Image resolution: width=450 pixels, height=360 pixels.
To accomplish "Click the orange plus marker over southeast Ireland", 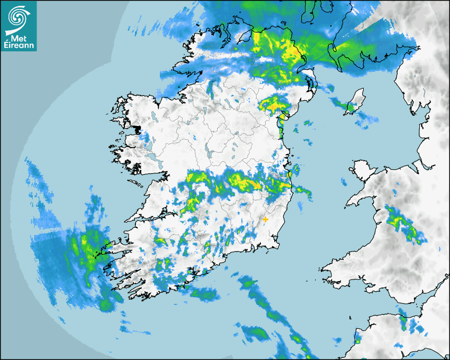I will click(265, 219).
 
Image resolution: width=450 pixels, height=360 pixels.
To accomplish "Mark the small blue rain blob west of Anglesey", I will click(344, 183).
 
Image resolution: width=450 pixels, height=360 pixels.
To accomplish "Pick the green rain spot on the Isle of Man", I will click(349, 108).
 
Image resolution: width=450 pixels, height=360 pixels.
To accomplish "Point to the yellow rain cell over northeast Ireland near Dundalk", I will click(273, 105).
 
